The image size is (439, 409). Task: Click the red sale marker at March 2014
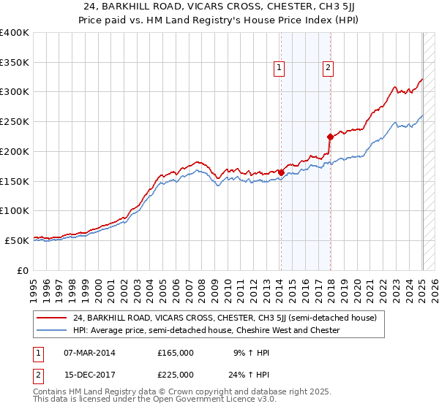(281, 172)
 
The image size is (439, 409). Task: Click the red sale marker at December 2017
(330, 137)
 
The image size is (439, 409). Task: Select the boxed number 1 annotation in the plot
(279, 68)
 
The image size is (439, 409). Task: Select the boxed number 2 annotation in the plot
(328, 68)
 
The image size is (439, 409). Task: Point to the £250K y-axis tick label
(15, 122)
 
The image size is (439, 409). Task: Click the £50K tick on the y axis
(18, 240)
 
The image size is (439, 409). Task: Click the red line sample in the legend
(53, 318)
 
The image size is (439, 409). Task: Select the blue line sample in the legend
(53, 330)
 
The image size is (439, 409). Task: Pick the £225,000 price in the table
(176, 375)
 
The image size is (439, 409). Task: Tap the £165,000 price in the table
(176, 352)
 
